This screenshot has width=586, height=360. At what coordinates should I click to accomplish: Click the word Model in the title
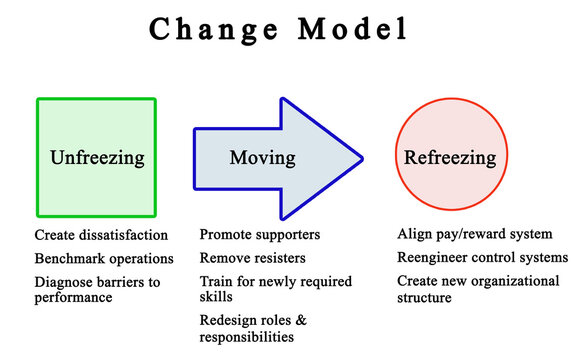(x=348, y=29)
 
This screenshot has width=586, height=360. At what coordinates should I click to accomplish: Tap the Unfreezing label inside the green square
(x=97, y=158)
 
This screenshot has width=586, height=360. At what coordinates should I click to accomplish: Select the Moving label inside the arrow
(x=262, y=158)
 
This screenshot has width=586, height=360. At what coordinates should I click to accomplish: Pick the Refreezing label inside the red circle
(x=448, y=158)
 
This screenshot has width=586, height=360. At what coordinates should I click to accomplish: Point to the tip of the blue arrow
(x=361, y=158)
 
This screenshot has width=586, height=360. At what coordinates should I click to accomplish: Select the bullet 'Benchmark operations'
(x=104, y=258)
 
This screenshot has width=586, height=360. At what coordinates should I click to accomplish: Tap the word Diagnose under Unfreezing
(x=64, y=281)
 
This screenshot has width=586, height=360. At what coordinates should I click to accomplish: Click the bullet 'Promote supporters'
(x=259, y=235)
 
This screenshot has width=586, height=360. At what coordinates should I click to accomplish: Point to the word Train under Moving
(x=217, y=281)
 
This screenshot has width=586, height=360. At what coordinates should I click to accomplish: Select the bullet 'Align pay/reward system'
(x=474, y=235)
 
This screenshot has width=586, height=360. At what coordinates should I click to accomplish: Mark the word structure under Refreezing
(x=425, y=298)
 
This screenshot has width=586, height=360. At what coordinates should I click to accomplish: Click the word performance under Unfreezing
(x=73, y=298)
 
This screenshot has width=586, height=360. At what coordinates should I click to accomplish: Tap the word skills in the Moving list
(x=217, y=298)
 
